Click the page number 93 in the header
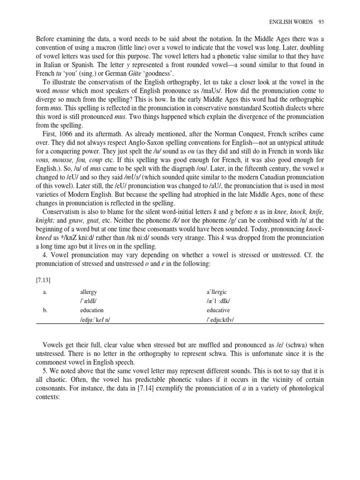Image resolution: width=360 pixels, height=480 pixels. click(321, 22)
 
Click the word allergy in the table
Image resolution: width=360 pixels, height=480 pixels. click(89, 292)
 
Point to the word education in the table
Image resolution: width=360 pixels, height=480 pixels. click(92, 310)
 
